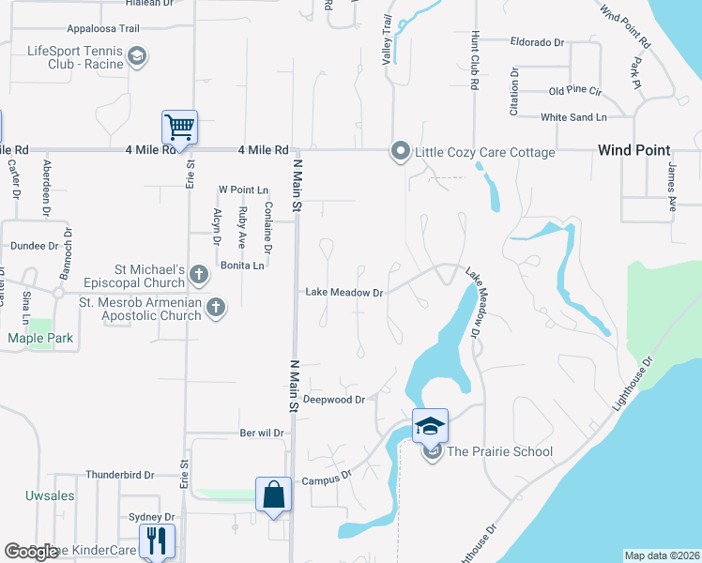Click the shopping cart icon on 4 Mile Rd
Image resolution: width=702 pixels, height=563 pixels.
point(179,127)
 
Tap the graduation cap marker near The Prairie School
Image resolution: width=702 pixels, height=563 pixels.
point(430,426)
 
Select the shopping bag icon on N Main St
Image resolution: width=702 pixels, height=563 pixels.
point(272,495)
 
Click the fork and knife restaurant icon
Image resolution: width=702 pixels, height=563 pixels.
point(156,540)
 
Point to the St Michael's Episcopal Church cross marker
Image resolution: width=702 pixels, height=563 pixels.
point(198,275)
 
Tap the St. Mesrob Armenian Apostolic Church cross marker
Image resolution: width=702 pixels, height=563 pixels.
point(216,307)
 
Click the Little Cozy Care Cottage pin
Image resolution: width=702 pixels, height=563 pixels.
point(401,151)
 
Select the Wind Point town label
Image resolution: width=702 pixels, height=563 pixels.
point(634,150)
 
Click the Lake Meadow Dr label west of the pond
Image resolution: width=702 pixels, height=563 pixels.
point(344,293)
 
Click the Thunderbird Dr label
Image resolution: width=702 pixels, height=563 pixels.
point(118,475)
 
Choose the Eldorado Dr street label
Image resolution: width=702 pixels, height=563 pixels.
point(537,42)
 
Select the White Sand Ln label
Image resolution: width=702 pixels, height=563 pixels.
point(573,117)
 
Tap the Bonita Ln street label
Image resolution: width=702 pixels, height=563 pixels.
point(241,266)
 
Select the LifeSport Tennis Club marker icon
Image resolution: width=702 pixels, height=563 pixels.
point(137,57)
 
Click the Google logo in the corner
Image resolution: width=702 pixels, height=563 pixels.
point(31,552)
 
